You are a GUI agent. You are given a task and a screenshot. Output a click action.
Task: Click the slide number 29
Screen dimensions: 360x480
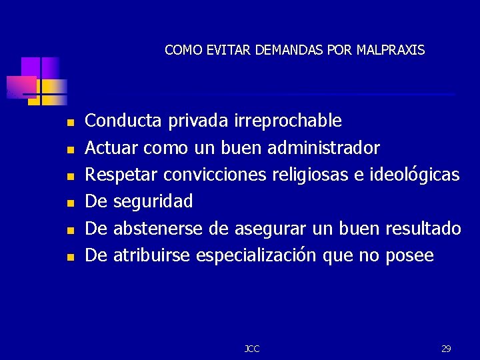coord(446,349)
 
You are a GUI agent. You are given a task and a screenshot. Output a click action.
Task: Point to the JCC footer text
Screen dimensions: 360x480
coord(252,349)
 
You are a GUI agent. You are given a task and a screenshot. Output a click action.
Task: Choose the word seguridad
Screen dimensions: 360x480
coord(153,201)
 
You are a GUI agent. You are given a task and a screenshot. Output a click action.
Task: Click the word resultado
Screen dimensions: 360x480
coord(423,229)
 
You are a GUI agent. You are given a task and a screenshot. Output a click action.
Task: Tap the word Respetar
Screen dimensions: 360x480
coord(122,175)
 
